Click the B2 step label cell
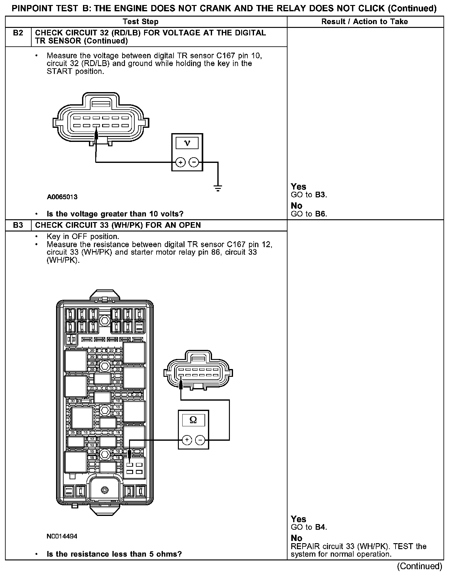coord(18,33)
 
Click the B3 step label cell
coord(18,225)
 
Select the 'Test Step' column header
coord(141,22)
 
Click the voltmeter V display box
coord(187,143)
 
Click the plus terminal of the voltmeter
coord(180,162)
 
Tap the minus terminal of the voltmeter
coord(194,162)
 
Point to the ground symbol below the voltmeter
coord(218,188)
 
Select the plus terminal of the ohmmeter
coord(187,440)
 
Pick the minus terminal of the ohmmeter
coord(200,440)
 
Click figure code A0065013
coord(62,197)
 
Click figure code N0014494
coord(62,536)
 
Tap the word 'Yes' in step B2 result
coord(298,187)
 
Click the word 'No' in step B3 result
coord(296,538)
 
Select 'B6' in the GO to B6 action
coord(320,214)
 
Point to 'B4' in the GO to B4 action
coord(320,527)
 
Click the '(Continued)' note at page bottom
coord(420,566)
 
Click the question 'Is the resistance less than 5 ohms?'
coord(114,554)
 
